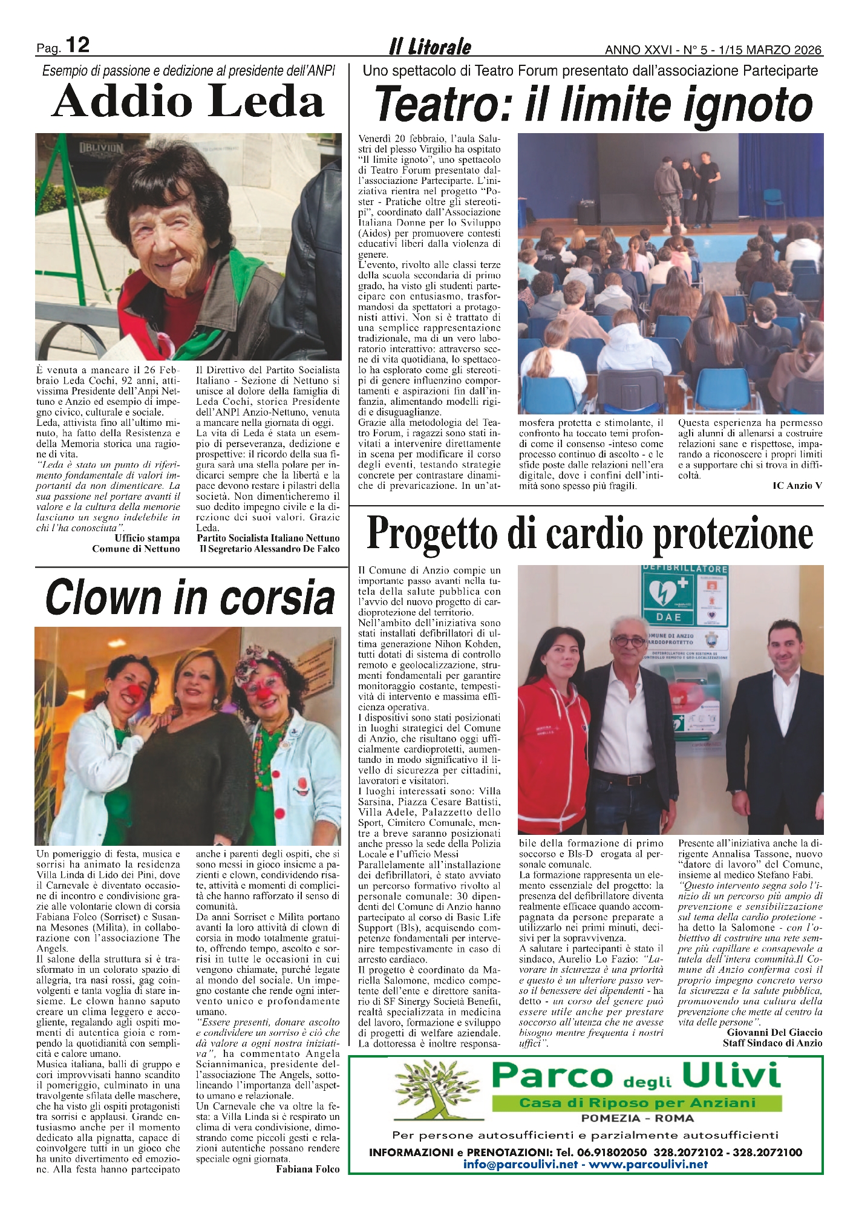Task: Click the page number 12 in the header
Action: click(77, 45)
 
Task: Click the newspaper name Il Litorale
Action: click(429, 47)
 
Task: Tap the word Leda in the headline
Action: click(263, 102)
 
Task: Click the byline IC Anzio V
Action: click(797, 485)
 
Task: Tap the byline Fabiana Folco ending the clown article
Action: click(307, 1169)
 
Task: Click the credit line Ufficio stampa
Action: click(147, 538)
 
